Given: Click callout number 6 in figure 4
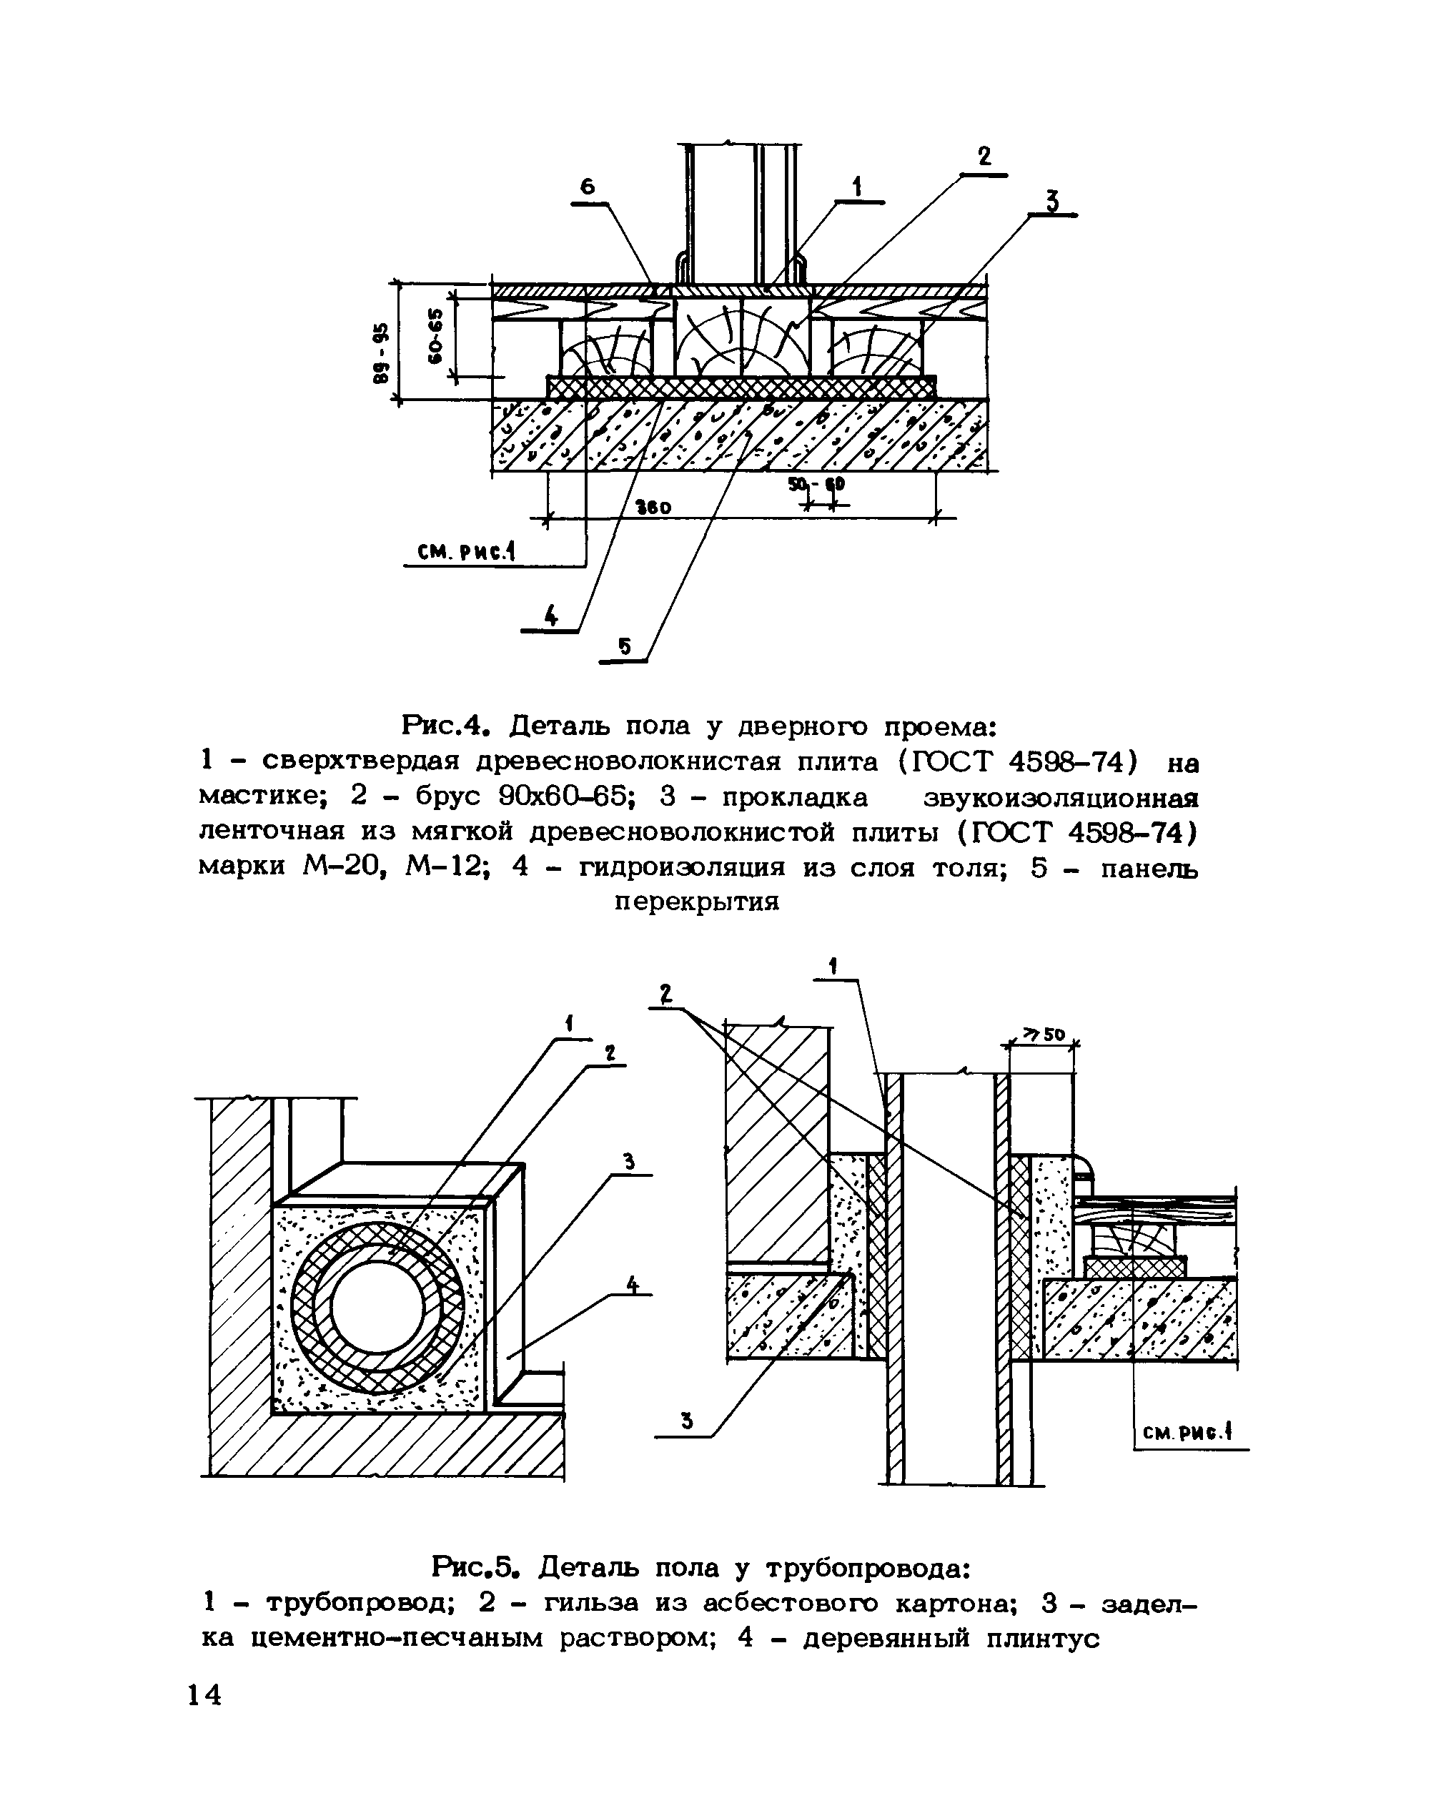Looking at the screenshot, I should [588, 187].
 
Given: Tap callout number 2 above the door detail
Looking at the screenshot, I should [984, 157].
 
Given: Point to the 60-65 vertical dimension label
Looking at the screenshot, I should [434, 336].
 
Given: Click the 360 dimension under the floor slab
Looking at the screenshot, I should [653, 507].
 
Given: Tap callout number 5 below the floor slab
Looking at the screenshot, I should [624, 646].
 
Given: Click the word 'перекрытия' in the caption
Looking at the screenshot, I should [697, 902].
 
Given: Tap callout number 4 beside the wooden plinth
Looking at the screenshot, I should [633, 1285].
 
